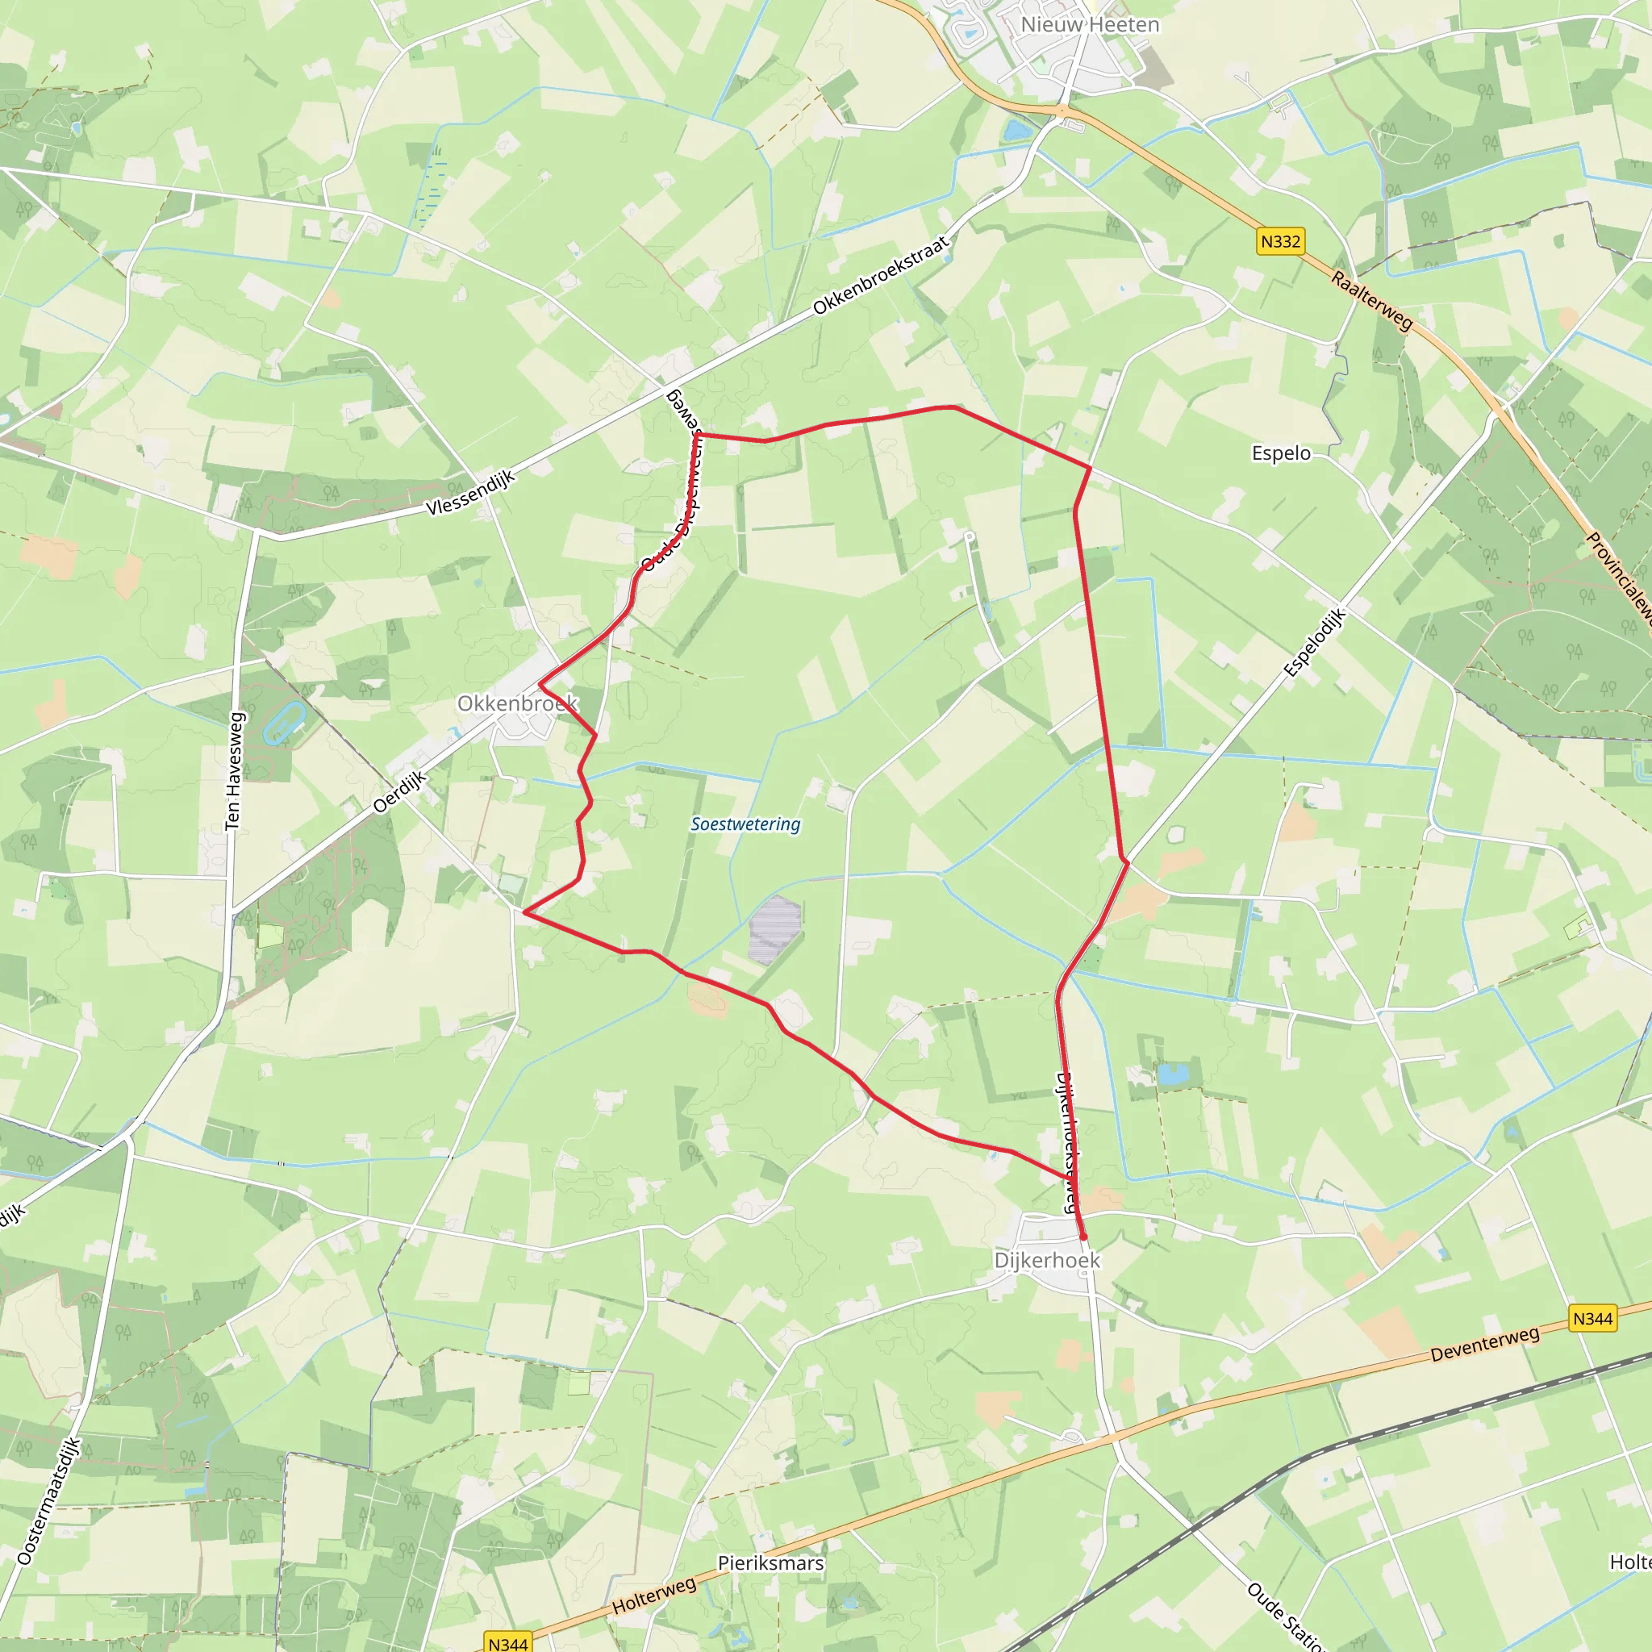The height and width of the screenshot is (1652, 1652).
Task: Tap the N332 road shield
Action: pyautogui.click(x=1280, y=242)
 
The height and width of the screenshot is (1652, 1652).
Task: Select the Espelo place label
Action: pyautogui.click(x=1281, y=453)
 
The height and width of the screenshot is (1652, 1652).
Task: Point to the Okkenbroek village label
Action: pyautogui.click(x=517, y=703)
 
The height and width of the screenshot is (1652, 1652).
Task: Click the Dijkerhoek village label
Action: pyautogui.click(x=1046, y=1261)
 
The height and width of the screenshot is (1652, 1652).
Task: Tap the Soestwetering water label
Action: pyautogui.click(x=745, y=824)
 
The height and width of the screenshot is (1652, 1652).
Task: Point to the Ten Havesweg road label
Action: pyautogui.click(x=233, y=770)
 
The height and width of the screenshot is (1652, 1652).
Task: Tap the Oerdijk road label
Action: pyautogui.click(x=400, y=792)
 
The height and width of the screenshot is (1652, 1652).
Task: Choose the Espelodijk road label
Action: pyautogui.click(x=1315, y=642)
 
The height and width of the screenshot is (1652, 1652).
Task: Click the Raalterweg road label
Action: pyautogui.click(x=1371, y=301)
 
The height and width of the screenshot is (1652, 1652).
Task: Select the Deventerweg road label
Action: pyautogui.click(x=1485, y=1343)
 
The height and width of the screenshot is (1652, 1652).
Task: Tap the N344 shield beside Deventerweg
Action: pyautogui.click(x=1593, y=1319)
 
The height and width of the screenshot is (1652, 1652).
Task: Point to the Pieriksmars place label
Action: pyautogui.click(x=770, y=1563)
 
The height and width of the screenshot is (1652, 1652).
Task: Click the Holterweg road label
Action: pyautogui.click(x=654, y=1596)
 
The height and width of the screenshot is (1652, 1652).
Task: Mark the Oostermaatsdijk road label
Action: pyautogui.click(x=48, y=1501)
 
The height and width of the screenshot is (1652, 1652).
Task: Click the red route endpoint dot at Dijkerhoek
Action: pyautogui.click(x=1083, y=1237)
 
